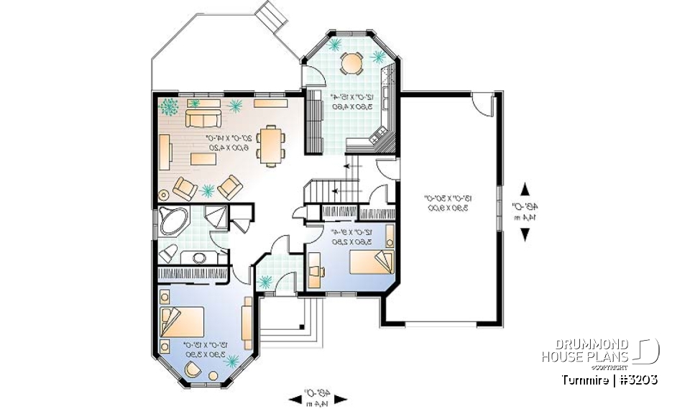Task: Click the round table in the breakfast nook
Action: pyautogui.click(x=352, y=64)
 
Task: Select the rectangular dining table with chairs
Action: pyautogui.click(x=271, y=146)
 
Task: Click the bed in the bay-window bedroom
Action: pyautogui.click(x=181, y=321)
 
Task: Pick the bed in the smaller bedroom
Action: pyautogui.click(x=372, y=262)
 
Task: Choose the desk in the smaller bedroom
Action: pyautogui.click(x=316, y=271)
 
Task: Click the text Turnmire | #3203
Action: pyautogui.click(x=607, y=379)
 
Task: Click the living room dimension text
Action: pyautogui.click(x=208, y=141)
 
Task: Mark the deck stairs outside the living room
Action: pyautogui.click(x=272, y=14)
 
